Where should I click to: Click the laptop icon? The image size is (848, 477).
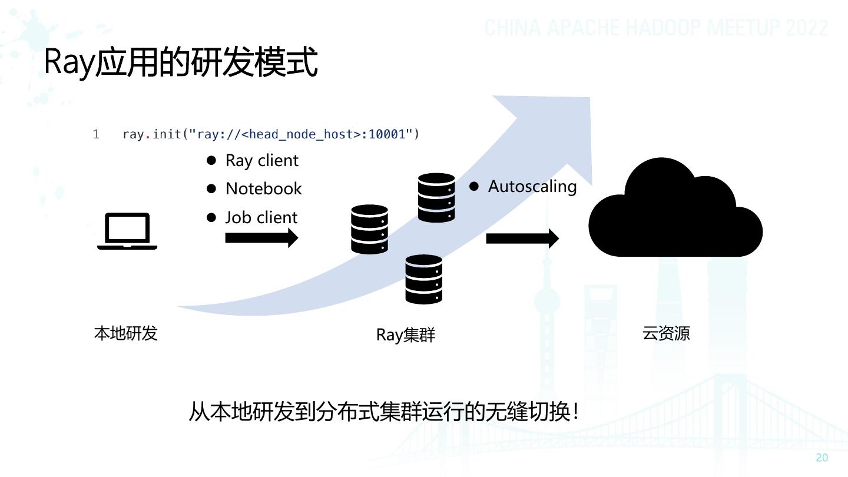click(127, 231)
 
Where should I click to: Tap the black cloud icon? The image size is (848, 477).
click(675, 212)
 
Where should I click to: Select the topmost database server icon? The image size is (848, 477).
click(436, 198)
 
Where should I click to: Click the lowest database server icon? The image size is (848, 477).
click(423, 279)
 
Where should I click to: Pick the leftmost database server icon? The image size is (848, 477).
click(369, 230)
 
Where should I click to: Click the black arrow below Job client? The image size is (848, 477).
click(261, 238)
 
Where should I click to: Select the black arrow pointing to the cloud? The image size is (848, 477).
click(522, 238)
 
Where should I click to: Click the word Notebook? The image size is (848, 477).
click(263, 188)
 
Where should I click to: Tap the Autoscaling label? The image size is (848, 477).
click(532, 187)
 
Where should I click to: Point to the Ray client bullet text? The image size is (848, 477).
click(262, 161)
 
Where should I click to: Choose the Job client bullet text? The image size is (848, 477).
click(261, 217)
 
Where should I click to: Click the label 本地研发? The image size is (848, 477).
click(125, 333)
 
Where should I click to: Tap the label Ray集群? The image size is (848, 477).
click(406, 335)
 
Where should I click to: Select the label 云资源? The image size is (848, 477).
click(666, 333)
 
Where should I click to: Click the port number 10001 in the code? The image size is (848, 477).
click(387, 134)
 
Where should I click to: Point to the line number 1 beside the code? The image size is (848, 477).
click(96, 134)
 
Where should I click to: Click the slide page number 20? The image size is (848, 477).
click(822, 458)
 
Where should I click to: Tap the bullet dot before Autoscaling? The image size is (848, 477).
click(474, 186)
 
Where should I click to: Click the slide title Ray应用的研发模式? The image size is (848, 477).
click(181, 62)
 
